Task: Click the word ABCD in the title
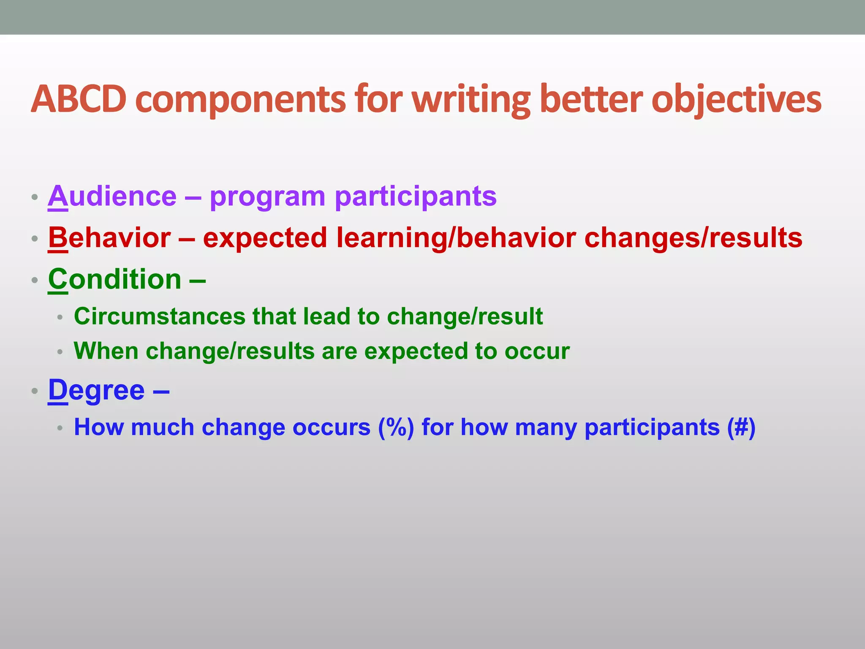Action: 79,100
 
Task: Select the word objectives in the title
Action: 736,100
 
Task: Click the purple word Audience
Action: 112,196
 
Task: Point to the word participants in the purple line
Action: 416,196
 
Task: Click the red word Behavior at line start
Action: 109,237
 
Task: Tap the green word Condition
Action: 114,279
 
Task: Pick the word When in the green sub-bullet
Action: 106,351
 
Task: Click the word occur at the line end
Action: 537,351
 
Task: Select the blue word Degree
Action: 96,390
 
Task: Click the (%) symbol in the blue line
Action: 396,427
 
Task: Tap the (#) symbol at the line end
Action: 741,427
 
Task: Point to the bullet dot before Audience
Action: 35,197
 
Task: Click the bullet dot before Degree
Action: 35,391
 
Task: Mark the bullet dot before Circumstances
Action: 60,317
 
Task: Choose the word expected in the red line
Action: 265,237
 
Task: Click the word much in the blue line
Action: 162,427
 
